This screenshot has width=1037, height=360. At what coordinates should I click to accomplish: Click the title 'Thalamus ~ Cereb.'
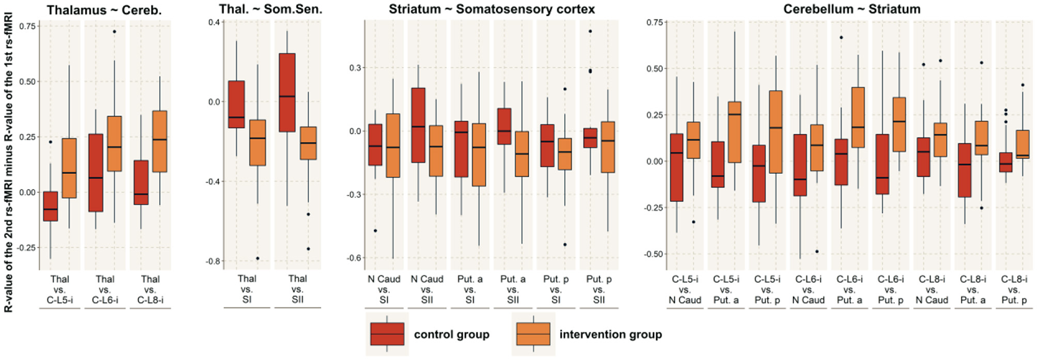coord(104,11)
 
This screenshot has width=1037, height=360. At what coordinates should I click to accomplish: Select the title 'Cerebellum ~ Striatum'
coord(851,9)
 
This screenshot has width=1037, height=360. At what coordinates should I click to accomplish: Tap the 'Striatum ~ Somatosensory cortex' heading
coord(492,9)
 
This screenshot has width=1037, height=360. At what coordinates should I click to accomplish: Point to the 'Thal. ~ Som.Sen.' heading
coord(270,9)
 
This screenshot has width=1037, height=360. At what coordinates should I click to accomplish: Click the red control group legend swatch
coord(387,334)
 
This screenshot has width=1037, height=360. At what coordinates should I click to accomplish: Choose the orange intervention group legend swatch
coord(533,334)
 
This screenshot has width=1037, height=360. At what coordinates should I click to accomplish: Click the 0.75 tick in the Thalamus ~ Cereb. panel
coord(28,26)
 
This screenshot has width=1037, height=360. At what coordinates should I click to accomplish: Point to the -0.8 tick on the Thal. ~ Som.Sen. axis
coord(212,262)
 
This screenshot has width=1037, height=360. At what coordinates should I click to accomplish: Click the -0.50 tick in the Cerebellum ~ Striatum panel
coord(654,254)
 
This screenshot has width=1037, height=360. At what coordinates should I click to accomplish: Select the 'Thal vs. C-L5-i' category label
coord(60,290)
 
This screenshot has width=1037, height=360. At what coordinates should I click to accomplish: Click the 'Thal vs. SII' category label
coord(297,289)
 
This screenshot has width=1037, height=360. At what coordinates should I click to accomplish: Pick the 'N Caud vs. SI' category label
coord(384,289)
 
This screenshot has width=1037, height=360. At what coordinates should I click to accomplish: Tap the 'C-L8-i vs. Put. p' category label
coord(1014,290)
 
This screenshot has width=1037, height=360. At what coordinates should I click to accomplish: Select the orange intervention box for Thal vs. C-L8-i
coord(159,141)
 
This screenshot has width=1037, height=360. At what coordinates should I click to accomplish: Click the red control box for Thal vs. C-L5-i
coord(51,206)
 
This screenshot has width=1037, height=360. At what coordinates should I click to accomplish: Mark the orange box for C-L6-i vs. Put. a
coord(858,117)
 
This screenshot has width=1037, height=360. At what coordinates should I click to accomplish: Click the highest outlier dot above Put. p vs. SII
coord(590,32)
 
